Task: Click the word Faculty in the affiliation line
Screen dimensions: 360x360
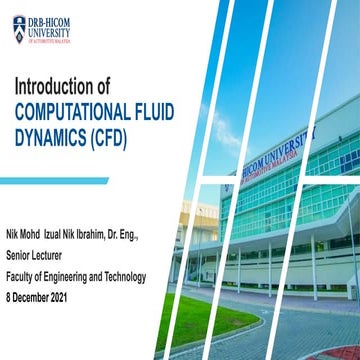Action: pos(24,277)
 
